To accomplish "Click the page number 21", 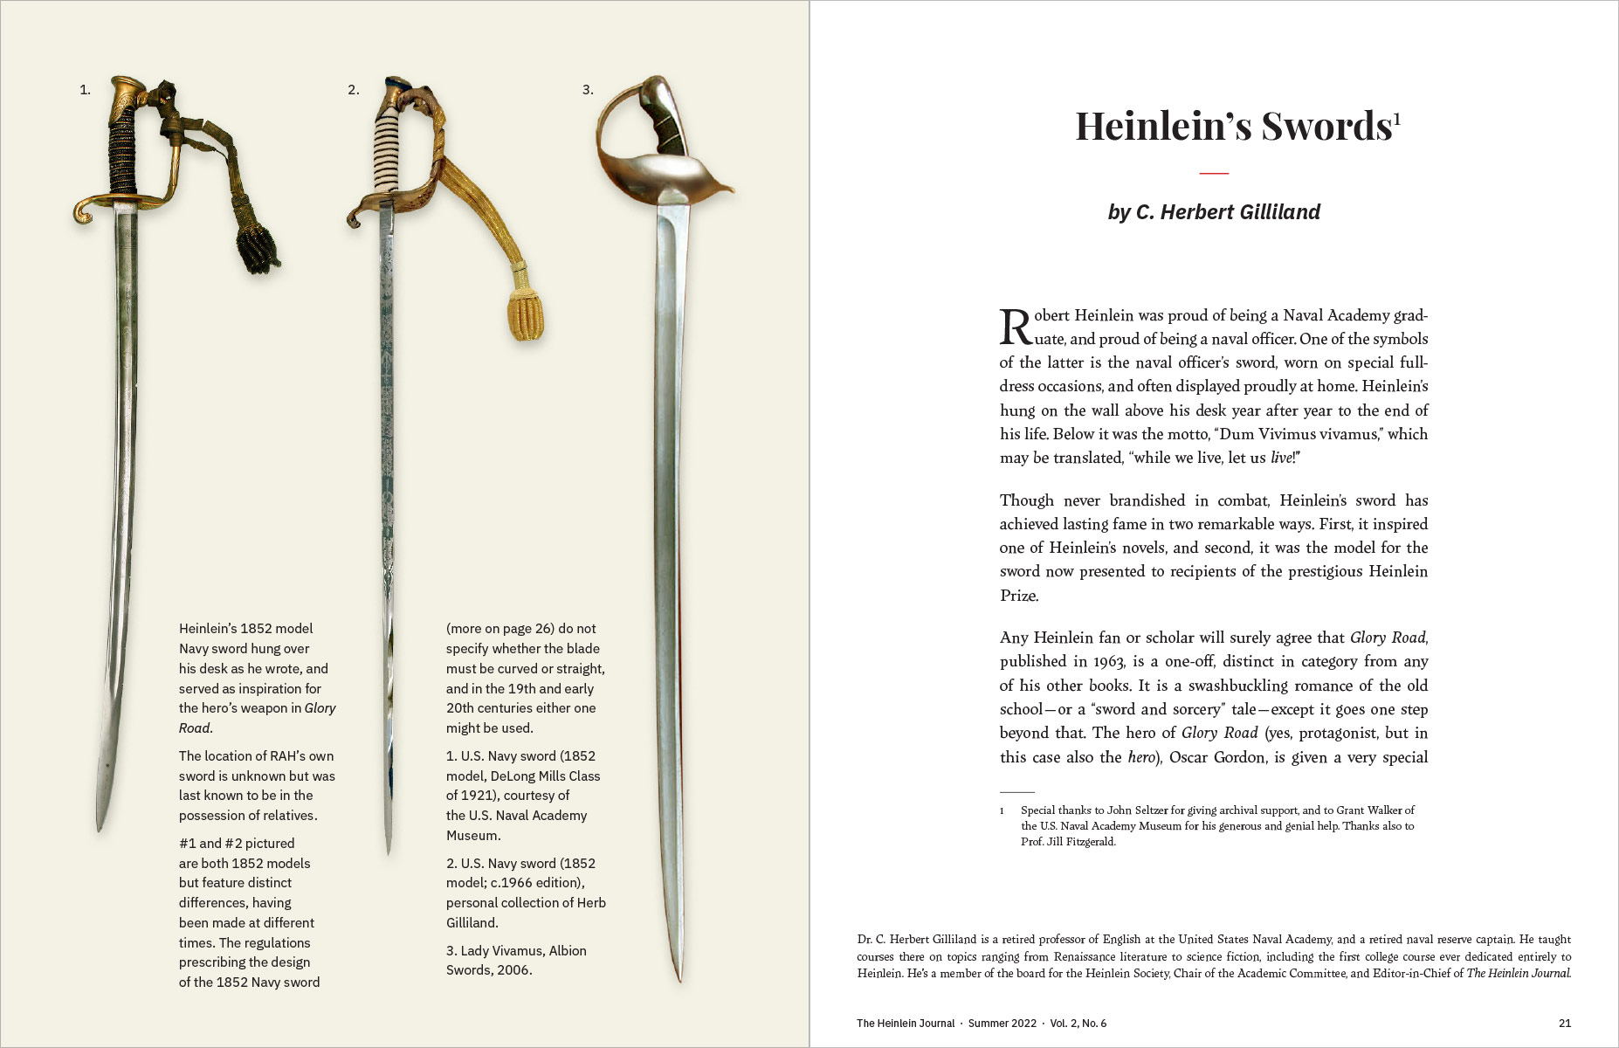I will (1564, 1023).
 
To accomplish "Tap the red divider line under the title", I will (1214, 173).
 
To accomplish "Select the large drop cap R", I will (1016, 327).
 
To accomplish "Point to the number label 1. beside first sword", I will (85, 90).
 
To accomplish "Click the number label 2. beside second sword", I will (353, 90).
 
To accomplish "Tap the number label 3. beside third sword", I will (588, 90).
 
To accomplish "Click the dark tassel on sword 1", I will (259, 250).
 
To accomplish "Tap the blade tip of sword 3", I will (679, 976).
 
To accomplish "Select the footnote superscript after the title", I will (1397, 119).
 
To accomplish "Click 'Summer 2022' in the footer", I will (1002, 1023).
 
